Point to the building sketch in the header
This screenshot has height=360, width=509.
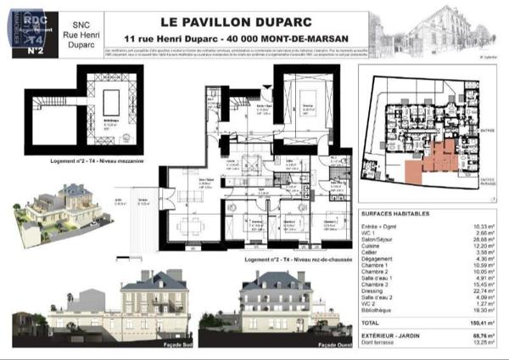439,32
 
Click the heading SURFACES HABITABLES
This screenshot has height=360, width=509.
395,214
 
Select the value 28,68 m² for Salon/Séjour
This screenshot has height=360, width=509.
482,239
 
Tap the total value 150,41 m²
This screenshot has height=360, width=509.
480,323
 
